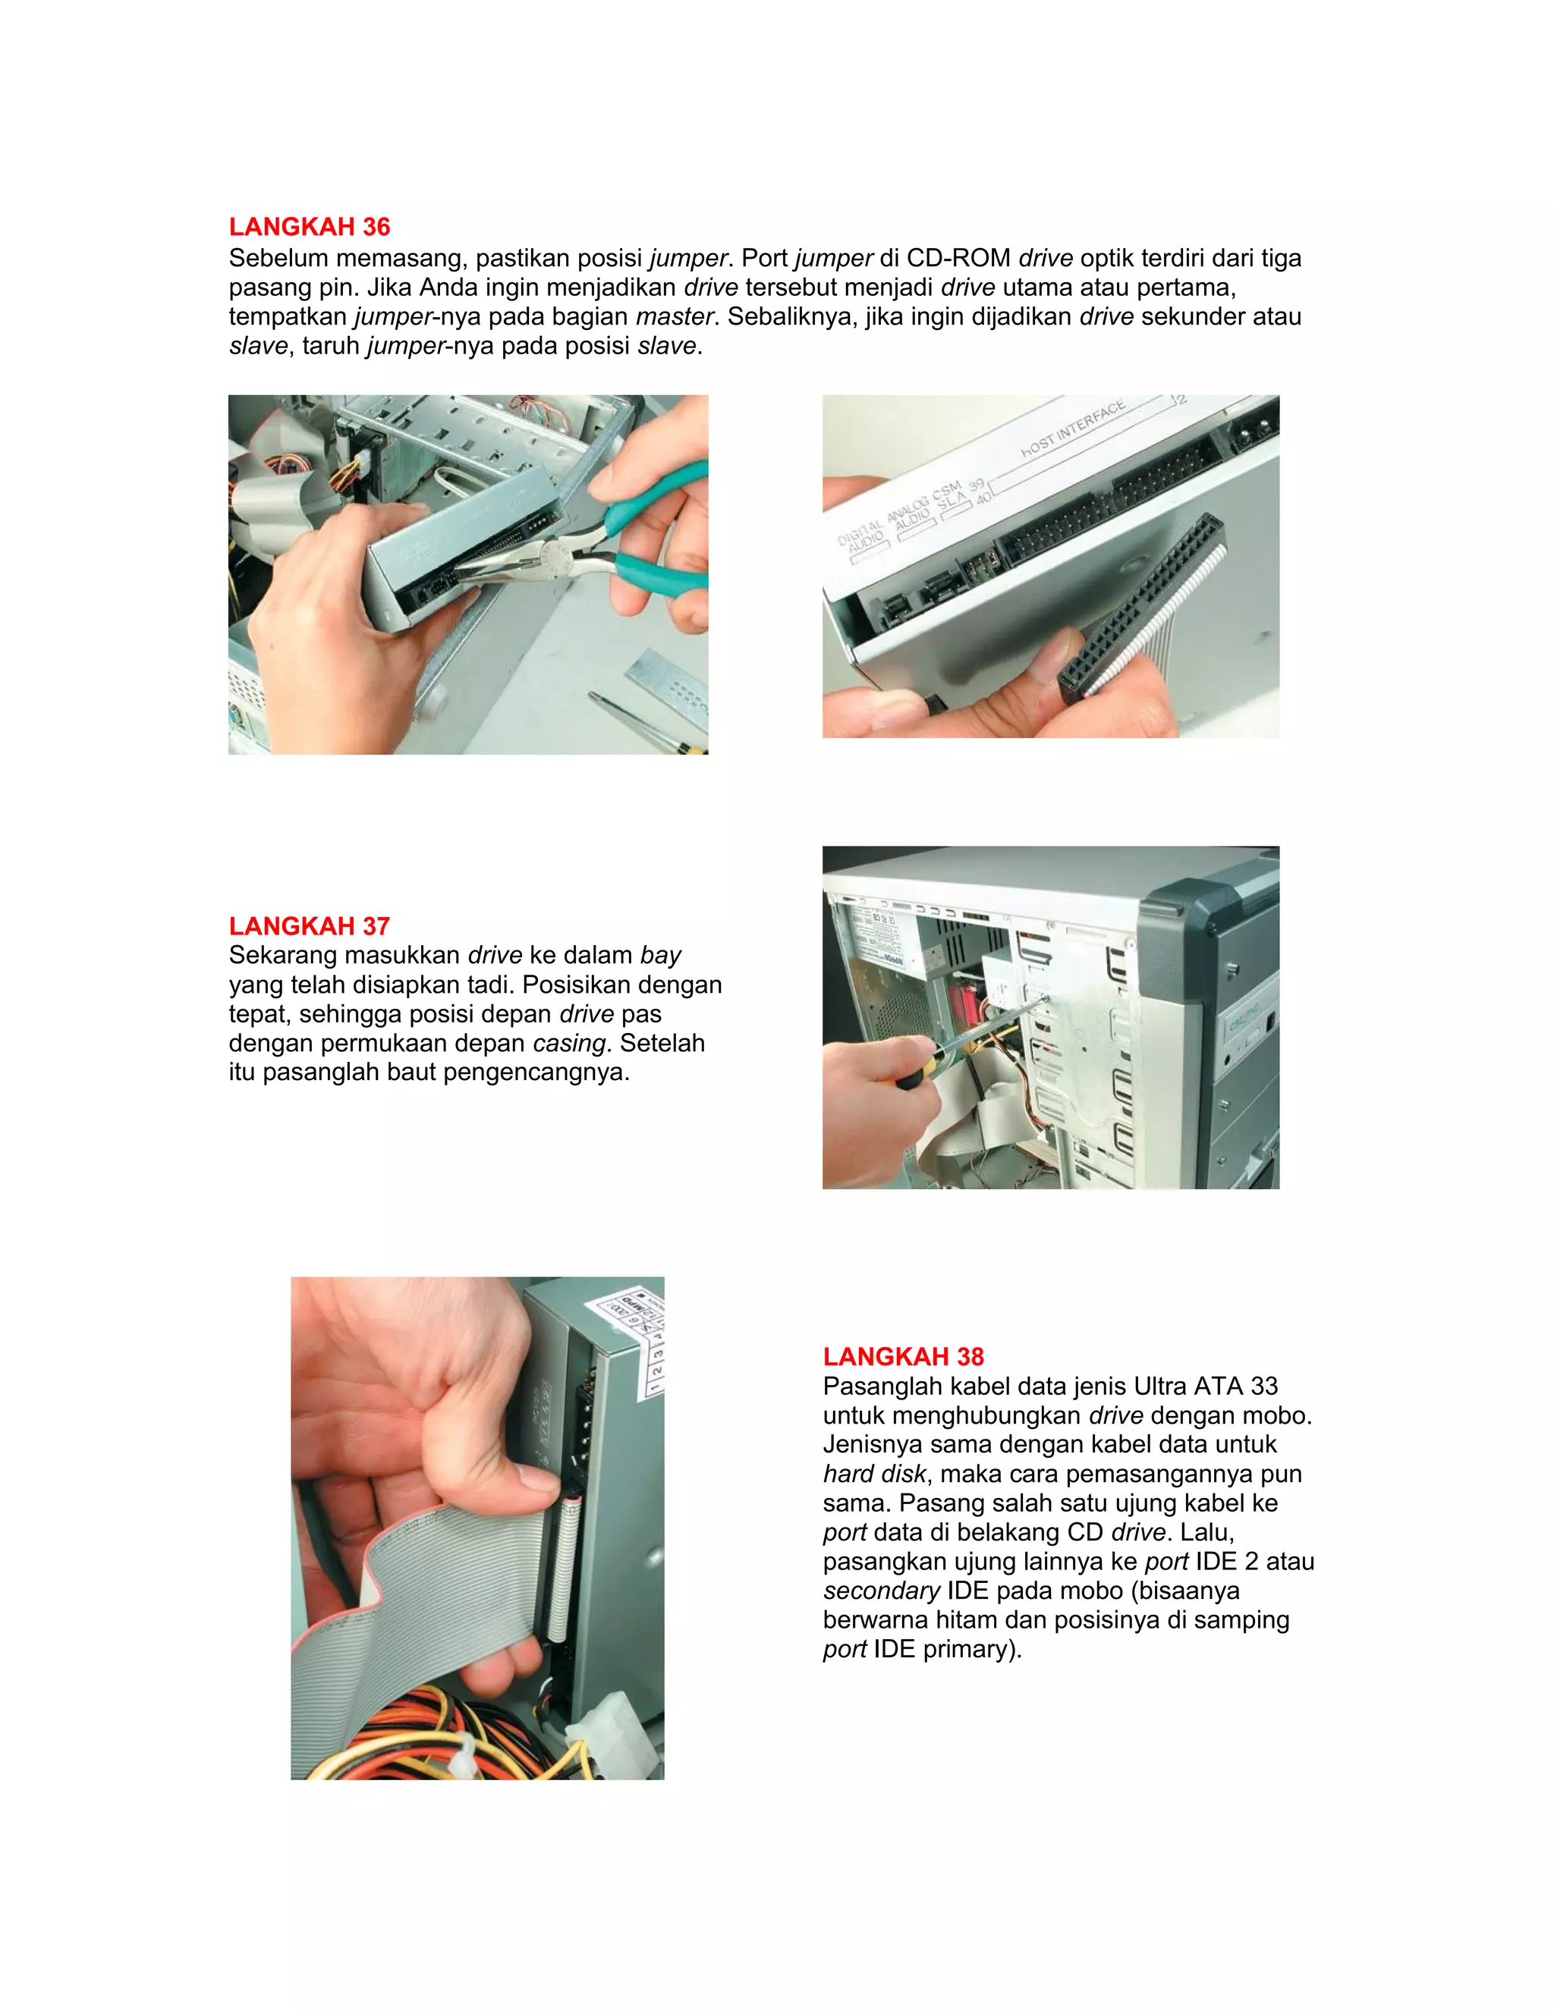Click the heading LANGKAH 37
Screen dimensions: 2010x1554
310,926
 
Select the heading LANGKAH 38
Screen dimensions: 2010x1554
903,1357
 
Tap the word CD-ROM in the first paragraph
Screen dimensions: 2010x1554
958,259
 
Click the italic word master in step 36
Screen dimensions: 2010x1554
674,316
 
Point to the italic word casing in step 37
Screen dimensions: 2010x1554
569,1044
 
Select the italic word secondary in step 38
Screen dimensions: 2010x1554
881,1591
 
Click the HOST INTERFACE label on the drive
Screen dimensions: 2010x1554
1072,429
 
